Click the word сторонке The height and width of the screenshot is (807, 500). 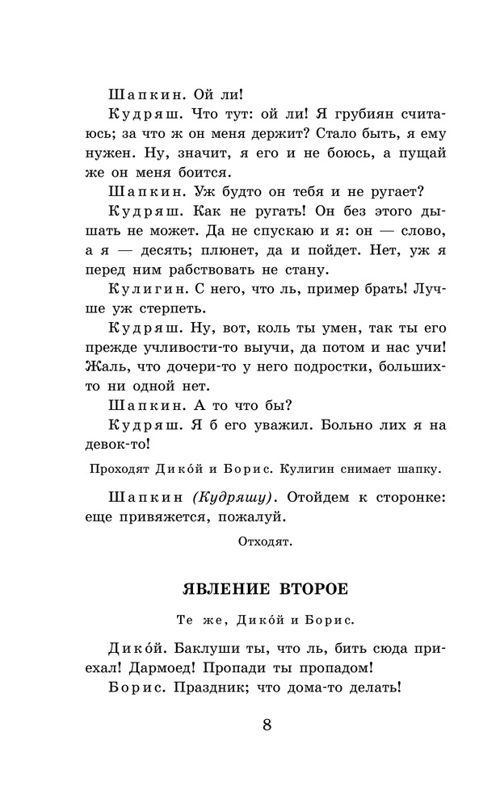click(403, 493)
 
